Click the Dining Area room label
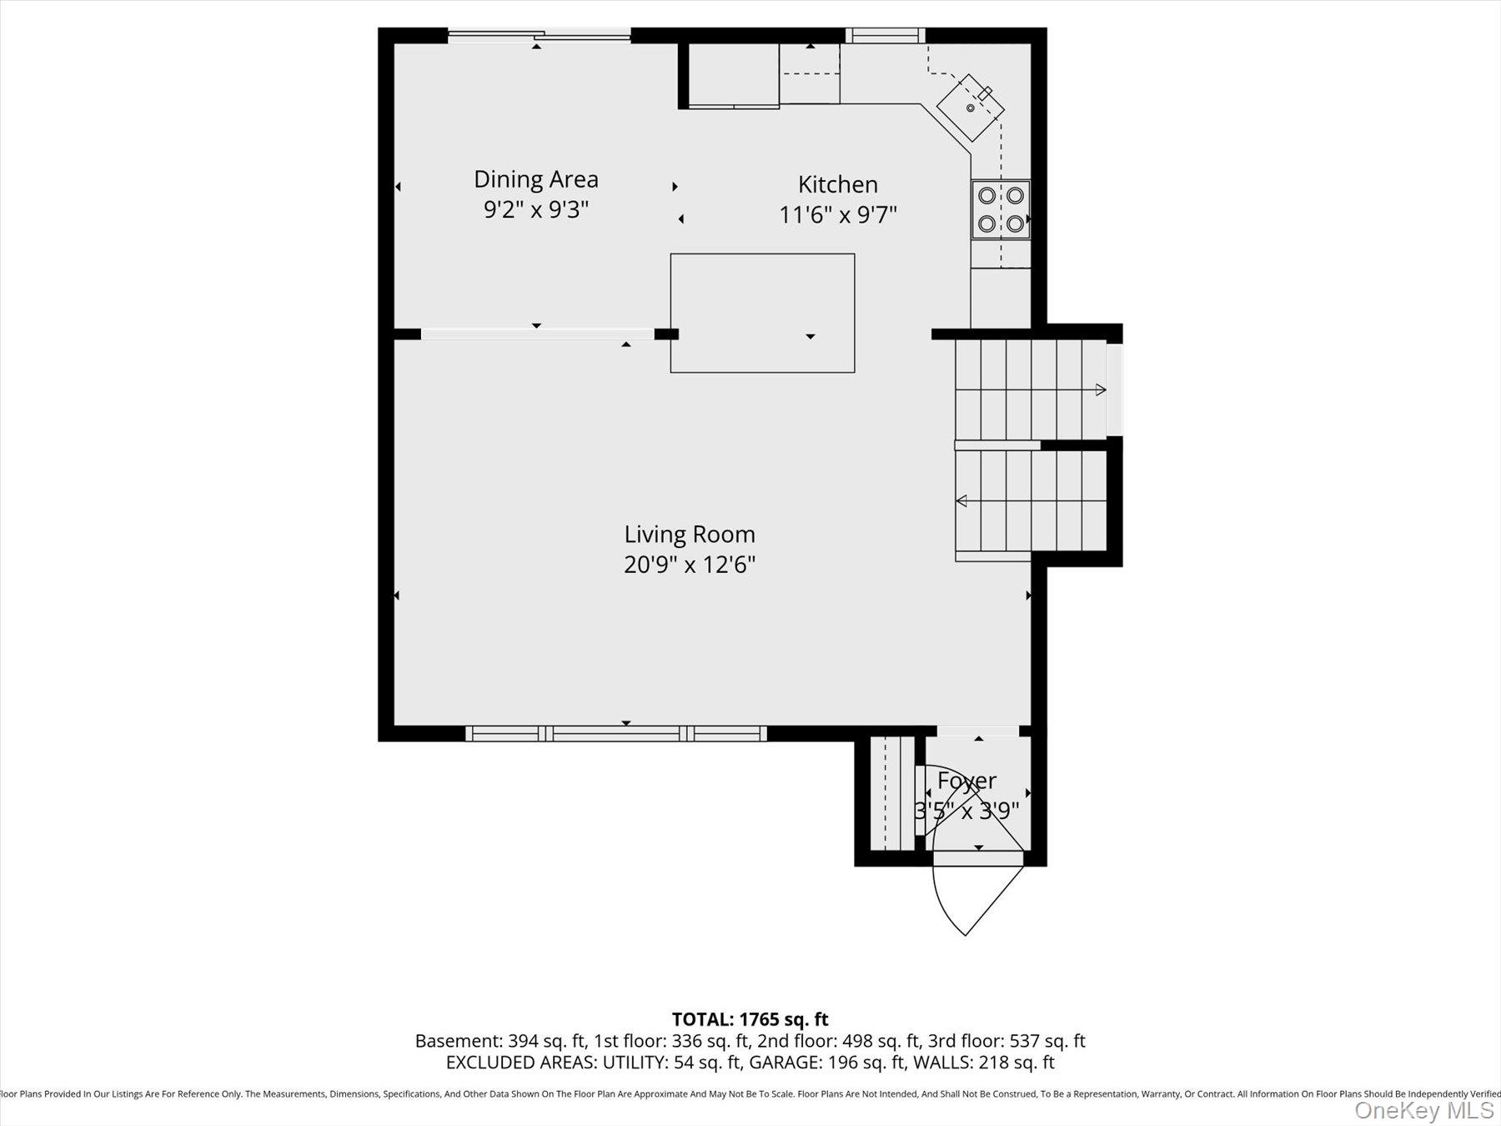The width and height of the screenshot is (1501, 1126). point(535,179)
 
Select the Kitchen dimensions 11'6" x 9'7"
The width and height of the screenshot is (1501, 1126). point(837,215)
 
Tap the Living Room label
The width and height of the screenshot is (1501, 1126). point(689,534)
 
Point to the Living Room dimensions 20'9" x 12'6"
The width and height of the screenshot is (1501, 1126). point(689,565)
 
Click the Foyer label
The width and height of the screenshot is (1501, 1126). point(966,781)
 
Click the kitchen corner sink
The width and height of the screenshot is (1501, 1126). point(970,108)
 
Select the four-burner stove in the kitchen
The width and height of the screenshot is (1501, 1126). point(1000,209)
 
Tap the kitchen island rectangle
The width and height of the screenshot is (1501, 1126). point(761,313)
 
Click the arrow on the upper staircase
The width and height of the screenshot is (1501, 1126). point(1100,390)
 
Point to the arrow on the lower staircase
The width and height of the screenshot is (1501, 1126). point(961,500)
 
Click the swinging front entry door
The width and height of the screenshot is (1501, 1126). point(976,897)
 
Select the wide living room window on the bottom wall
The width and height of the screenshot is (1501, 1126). point(615,733)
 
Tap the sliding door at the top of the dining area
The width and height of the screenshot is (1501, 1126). point(539,35)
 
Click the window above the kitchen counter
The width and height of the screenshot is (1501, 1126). point(885,35)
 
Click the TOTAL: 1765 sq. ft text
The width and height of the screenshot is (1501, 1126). point(750,1019)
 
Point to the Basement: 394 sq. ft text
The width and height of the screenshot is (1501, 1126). point(499,1041)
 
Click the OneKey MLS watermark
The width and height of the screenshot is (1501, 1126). point(1423,1110)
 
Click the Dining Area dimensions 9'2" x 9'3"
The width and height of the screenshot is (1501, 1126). point(535,209)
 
